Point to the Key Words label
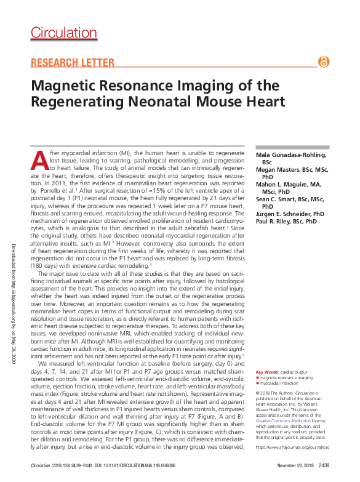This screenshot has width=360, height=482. tap(266, 372)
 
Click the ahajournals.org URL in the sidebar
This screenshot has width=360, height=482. tap(292, 446)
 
